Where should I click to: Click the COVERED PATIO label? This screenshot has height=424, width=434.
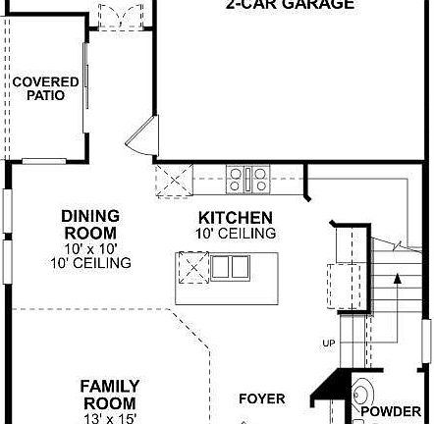click(x=39, y=88)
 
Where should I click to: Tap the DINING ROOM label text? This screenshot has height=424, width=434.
click(x=90, y=225)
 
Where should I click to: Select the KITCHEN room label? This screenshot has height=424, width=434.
click(x=236, y=218)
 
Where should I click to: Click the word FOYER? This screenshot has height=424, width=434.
click(x=262, y=398)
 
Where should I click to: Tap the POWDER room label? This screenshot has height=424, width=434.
click(x=391, y=412)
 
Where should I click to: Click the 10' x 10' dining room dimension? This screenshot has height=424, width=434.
click(x=90, y=249)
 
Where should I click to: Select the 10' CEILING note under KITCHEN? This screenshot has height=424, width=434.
click(x=236, y=234)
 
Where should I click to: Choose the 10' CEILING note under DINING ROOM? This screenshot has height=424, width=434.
click(x=90, y=263)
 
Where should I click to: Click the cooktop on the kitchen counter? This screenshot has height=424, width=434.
click(x=248, y=179)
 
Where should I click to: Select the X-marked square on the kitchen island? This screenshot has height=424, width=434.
click(x=192, y=266)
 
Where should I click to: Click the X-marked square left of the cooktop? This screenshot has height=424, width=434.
click(x=175, y=181)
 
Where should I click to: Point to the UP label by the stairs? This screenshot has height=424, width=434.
click(x=328, y=343)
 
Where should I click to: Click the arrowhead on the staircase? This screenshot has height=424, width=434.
click(x=397, y=280)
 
